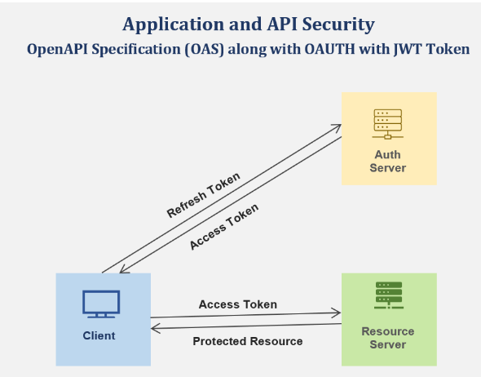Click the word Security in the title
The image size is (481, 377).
(338, 24)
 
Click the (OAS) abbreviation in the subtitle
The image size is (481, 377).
(205, 49)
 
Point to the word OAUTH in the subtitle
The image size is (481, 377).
(329, 49)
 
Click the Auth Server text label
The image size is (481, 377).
(388, 162)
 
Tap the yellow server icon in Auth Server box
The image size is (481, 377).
(388, 124)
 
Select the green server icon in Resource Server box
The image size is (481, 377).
(389, 295)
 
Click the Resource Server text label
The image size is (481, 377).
(388, 338)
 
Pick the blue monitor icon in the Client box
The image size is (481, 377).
(101, 304)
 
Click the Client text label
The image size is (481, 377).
(99, 335)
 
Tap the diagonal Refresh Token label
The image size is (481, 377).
(203, 195)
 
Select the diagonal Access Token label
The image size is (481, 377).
(224, 227)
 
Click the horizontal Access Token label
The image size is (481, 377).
(238, 304)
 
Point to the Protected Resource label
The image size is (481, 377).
(248, 341)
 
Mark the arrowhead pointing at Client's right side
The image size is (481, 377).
(154, 329)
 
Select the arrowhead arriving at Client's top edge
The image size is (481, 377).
(122, 270)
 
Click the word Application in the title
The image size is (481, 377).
(174, 24)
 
